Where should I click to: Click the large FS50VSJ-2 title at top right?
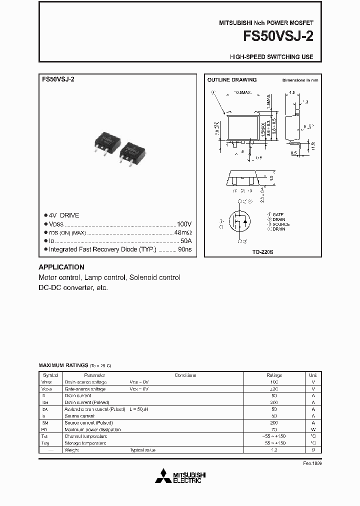(278, 37)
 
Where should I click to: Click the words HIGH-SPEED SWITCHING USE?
(271, 57)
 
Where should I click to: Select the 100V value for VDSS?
(184, 224)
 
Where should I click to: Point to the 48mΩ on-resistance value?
(182, 232)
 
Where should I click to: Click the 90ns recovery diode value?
(184, 249)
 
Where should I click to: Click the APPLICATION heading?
(61, 267)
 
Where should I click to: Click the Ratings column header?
(274, 375)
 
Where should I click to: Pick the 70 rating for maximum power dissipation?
(274, 429)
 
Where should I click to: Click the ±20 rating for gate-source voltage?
(274, 388)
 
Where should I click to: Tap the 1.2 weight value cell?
(274, 450)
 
